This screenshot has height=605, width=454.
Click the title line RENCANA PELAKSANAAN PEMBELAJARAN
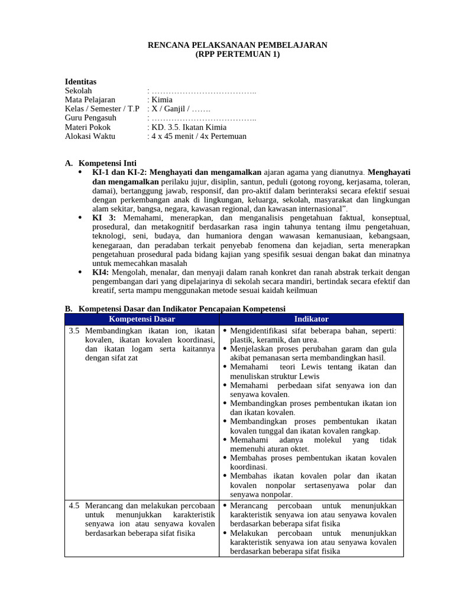237,45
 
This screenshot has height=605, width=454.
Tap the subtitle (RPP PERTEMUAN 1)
237,54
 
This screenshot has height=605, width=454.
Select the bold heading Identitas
80,82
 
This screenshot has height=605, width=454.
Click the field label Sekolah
78,90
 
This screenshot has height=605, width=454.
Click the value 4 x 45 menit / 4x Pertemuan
199,136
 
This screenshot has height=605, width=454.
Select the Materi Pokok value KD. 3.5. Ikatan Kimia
189,127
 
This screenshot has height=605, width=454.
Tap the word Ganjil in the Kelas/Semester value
172,109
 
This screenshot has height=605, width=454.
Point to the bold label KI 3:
104,217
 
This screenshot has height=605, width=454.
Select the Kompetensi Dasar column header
142,319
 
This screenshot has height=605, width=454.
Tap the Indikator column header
311,319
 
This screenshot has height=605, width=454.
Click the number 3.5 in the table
74,330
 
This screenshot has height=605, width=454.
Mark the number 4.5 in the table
74,506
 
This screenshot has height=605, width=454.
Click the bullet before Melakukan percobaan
225,533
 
